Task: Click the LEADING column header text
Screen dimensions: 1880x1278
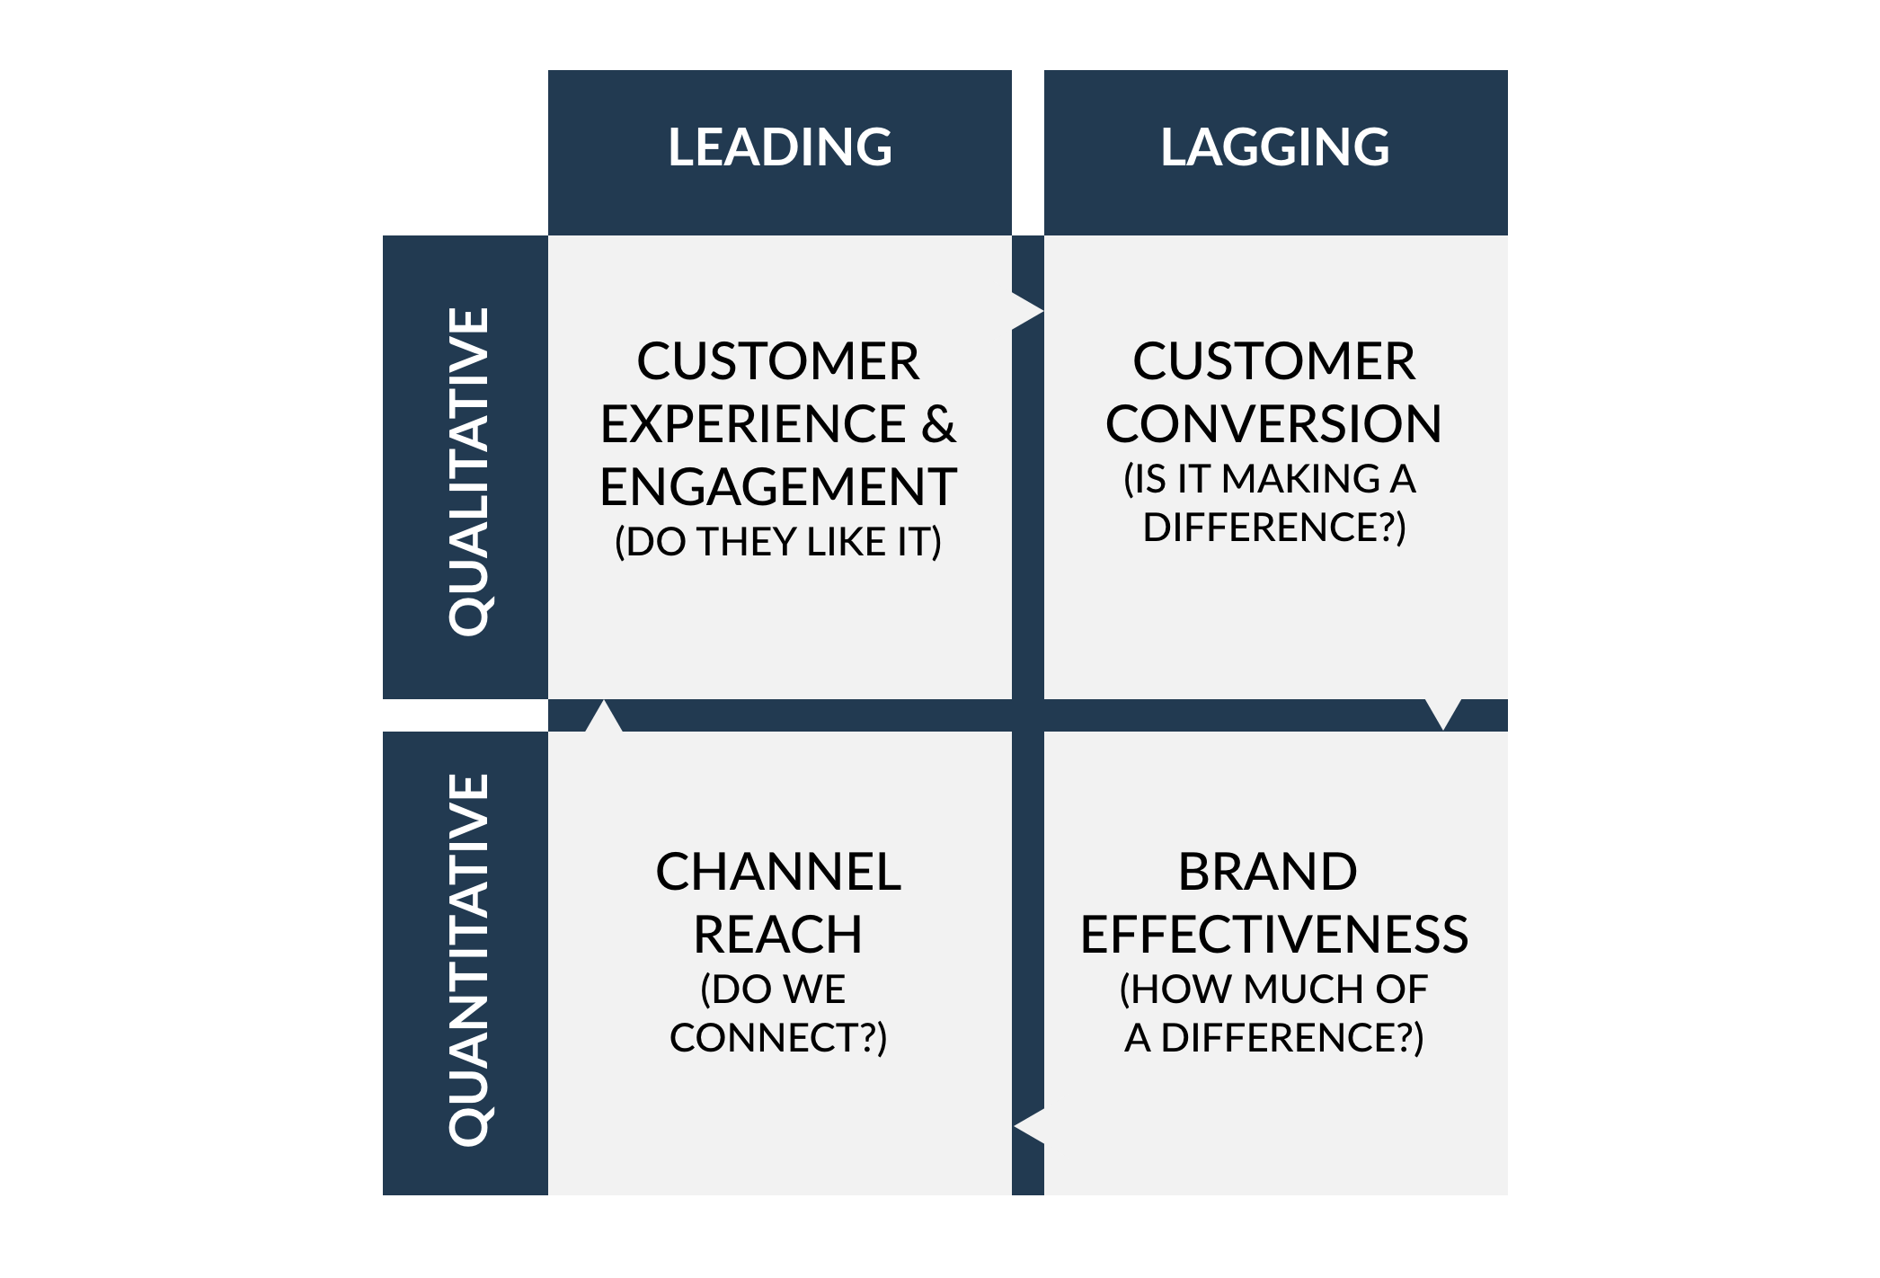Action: point(780,147)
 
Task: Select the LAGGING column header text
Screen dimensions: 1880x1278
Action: point(1275,147)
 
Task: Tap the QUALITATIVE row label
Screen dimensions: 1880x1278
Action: point(469,472)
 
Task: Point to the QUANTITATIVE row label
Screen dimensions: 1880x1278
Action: point(469,959)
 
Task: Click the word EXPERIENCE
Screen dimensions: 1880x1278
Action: point(753,424)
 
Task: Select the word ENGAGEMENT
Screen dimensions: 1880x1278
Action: point(778,487)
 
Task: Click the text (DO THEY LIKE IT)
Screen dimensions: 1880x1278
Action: point(778,542)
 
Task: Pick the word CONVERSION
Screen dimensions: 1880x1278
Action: point(1273,424)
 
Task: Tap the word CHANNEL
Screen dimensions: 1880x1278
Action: point(778,872)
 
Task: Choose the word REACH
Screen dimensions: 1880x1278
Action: point(778,935)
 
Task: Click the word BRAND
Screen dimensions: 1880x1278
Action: point(1267,872)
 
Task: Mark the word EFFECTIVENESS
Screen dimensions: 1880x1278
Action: point(1274,935)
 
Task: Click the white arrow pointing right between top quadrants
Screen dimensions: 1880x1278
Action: point(1028,312)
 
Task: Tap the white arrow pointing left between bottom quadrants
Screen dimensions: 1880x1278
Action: point(1028,1126)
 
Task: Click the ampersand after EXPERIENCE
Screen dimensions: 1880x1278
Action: point(938,424)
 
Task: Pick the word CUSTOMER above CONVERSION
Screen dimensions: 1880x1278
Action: point(1273,361)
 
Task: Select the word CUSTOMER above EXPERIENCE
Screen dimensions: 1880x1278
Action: point(778,361)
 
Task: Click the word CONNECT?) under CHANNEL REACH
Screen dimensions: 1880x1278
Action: point(778,1038)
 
